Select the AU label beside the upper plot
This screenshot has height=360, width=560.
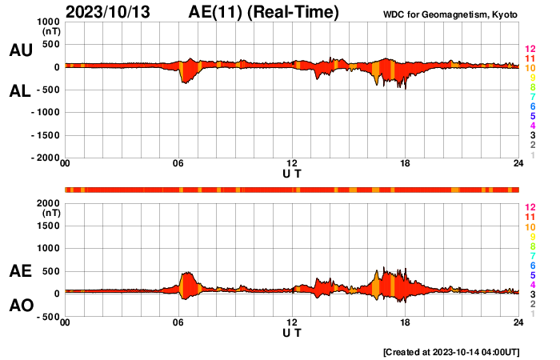pyautogui.click(x=20, y=50)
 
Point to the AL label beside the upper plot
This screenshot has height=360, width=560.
pyautogui.click(x=20, y=91)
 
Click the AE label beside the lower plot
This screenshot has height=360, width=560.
pyautogui.click(x=20, y=272)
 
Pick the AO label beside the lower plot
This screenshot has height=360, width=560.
pyautogui.click(x=20, y=306)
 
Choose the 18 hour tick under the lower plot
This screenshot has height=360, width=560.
pyautogui.click(x=406, y=322)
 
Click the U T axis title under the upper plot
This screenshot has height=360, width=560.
pyautogui.click(x=292, y=173)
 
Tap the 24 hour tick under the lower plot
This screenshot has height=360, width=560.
pyautogui.click(x=518, y=322)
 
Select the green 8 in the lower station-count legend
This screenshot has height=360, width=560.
pyautogui.click(x=530, y=246)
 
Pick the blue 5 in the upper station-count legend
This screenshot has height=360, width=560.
pyautogui.click(x=530, y=116)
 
